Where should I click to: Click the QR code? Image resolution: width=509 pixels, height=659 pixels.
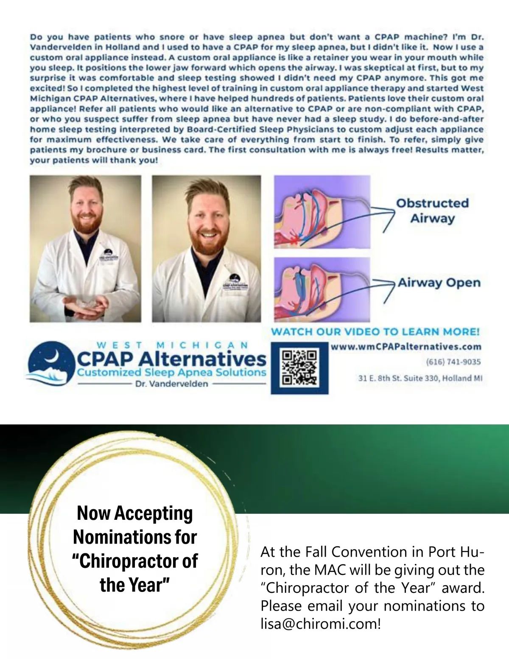pyautogui.click(x=299, y=368)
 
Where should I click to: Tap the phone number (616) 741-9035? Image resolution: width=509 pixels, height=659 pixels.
pyautogui.click(x=453, y=362)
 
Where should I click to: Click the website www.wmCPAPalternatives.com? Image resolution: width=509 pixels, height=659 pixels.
pyautogui.click(x=406, y=347)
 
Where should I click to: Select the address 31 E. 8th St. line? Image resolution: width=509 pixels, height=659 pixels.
pyautogui.click(x=420, y=378)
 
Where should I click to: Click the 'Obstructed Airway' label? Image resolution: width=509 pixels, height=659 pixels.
pyautogui.click(x=432, y=210)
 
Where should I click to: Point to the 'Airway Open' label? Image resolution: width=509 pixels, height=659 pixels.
pyautogui.click(x=439, y=283)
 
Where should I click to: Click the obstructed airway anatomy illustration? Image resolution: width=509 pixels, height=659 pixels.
pyautogui.click(x=322, y=212)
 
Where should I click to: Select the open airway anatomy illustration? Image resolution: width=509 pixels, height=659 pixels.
pyautogui.click(x=322, y=289)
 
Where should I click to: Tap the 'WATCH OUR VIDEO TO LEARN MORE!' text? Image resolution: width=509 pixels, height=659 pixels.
pyautogui.click(x=375, y=332)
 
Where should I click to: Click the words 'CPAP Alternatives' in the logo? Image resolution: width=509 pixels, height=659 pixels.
pyautogui.click(x=171, y=359)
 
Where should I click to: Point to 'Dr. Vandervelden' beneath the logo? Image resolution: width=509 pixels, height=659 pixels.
pyautogui.click(x=171, y=384)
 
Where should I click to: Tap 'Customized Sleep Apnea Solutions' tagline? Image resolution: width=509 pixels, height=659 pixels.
pyautogui.click(x=171, y=373)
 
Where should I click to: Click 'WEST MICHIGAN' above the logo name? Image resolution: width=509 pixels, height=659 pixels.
pyautogui.click(x=172, y=345)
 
